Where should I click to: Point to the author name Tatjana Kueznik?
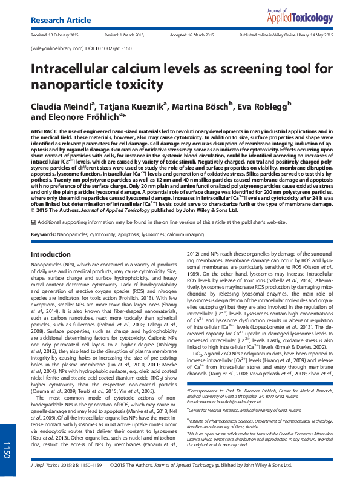point(137,107)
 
